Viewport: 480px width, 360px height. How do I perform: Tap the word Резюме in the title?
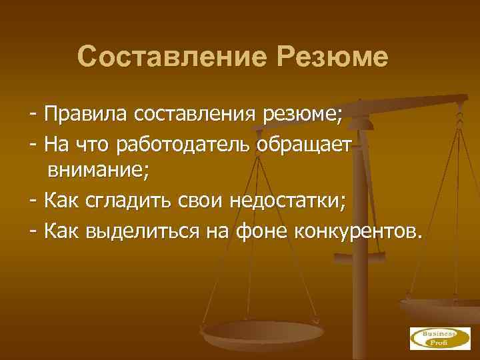[330, 57]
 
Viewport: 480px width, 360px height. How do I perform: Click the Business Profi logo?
[433, 337]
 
